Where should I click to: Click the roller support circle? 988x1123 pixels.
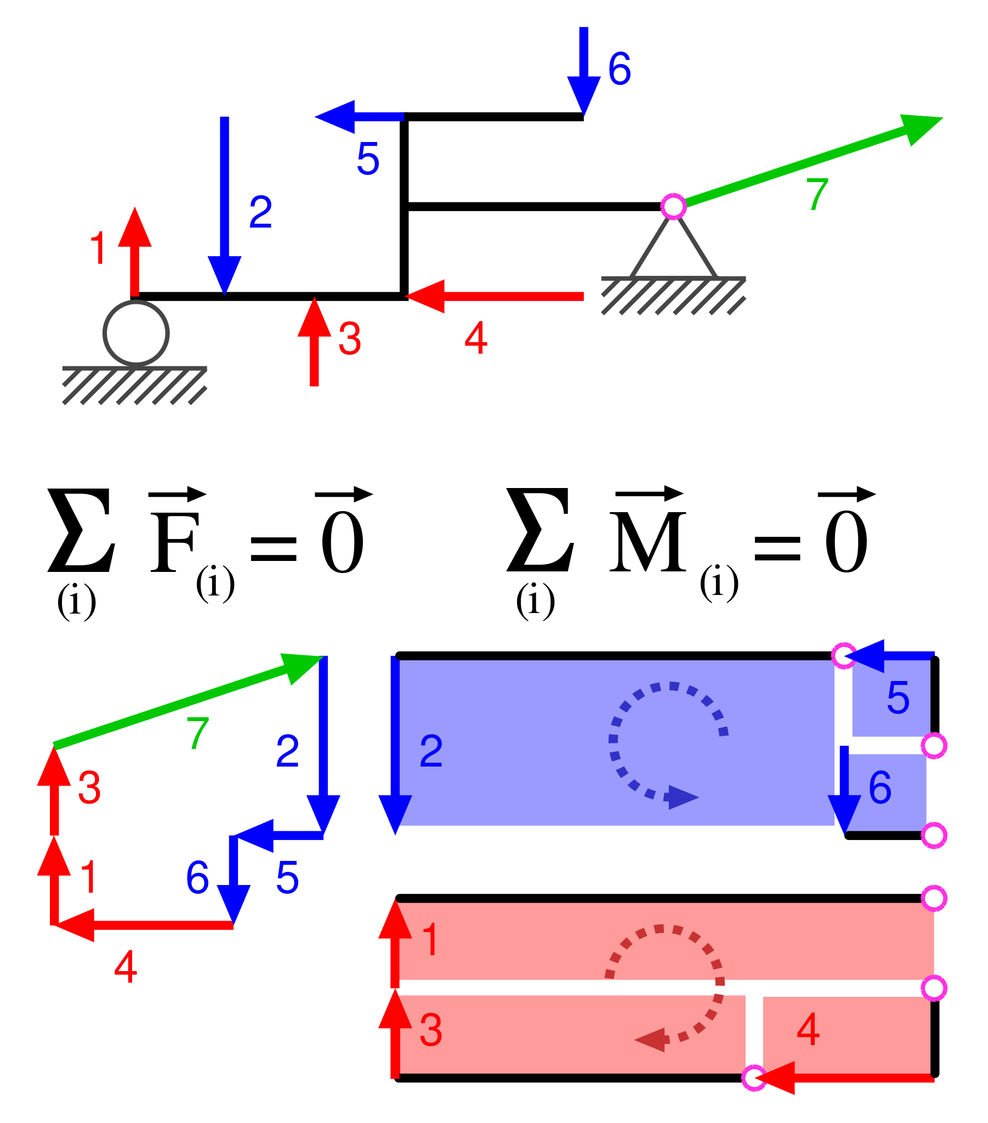[x=136, y=333]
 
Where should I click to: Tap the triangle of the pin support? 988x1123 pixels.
[x=673, y=253]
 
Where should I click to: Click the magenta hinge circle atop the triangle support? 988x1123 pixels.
[x=673, y=207]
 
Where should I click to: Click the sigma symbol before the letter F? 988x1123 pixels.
[x=81, y=530]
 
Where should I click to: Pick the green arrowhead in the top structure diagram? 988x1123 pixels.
[x=920, y=128]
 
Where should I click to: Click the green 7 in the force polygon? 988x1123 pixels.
[x=197, y=734]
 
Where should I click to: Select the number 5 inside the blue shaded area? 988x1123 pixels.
[x=898, y=697]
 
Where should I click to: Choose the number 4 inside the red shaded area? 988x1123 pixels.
[x=808, y=1030]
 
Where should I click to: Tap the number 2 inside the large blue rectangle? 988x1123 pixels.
[x=431, y=751]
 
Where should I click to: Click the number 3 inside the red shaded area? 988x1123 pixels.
[x=430, y=1031]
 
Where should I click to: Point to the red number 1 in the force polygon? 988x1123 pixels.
[x=89, y=877]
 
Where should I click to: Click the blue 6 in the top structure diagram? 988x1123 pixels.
[x=620, y=69]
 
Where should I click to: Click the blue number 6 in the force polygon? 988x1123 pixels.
[x=197, y=877]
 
